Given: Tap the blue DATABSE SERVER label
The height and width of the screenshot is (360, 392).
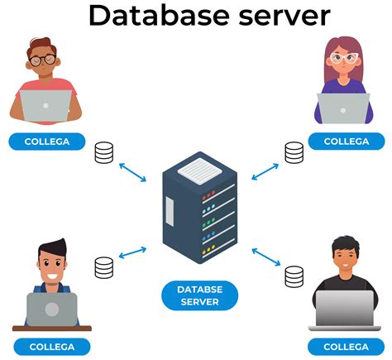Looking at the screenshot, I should pyautogui.click(x=198, y=295).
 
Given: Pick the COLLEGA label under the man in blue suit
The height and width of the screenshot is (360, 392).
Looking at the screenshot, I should pyautogui.click(x=51, y=346).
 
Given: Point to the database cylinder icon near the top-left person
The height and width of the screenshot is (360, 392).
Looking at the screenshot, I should pyautogui.click(x=104, y=153).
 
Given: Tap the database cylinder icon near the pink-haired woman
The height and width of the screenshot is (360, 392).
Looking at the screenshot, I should pyautogui.click(x=294, y=152).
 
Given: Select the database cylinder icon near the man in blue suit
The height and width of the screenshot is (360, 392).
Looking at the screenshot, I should pyautogui.click(x=104, y=267).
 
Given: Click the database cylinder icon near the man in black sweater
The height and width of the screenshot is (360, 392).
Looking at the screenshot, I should pyautogui.click(x=294, y=276).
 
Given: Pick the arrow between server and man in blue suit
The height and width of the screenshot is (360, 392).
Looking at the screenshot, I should pyautogui.click(x=132, y=252).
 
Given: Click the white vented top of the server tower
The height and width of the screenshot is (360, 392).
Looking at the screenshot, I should pyautogui.click(x=198, y=170).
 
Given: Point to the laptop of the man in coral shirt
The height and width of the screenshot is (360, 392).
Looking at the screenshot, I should pyautogui.click(x=45, y=106).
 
